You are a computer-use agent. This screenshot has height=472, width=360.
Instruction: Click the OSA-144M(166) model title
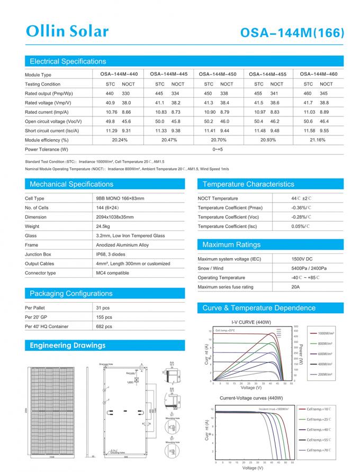(x=293, y=33)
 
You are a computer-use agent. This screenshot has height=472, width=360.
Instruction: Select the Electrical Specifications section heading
(x=68, y=61)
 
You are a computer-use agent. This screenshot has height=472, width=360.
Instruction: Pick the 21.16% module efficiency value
(x=317, y=140)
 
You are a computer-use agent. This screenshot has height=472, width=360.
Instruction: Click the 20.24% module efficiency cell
(x=120, y=140)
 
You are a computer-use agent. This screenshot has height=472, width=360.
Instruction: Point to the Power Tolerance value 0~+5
(x=218, y=150)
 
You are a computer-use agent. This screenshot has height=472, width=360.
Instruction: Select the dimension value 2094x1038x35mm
(x=114, y=217)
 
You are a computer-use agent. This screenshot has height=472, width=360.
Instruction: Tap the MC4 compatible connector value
(x=112, y=273)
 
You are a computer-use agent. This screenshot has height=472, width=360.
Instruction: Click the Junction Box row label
(x=38, y=255)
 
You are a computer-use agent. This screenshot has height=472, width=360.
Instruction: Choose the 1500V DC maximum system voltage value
(x=302, y=259)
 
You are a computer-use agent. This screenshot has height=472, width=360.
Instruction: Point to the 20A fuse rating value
(x=295, y=287)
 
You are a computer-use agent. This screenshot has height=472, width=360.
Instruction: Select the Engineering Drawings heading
(x=67, y=346)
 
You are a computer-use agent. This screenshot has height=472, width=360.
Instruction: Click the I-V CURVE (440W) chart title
(x=251, y=322)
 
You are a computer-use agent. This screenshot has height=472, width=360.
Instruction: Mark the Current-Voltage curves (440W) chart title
(x=251, y=398)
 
